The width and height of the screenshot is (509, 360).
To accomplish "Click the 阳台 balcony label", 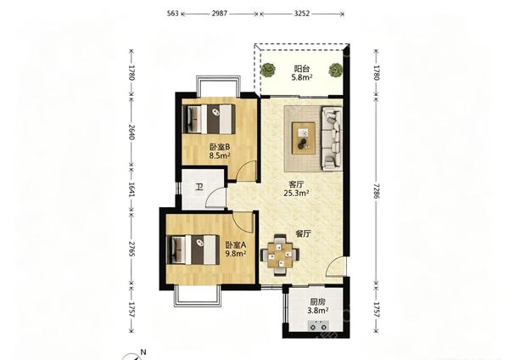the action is point(302,69).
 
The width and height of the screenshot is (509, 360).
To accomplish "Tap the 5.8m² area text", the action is point(302,77).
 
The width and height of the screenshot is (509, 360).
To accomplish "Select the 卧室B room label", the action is point(220,147).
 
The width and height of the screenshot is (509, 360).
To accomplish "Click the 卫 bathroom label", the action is point(199,187).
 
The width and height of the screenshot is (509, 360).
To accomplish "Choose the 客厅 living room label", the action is point(296,184).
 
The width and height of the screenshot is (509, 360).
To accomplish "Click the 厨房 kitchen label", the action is point(318,302).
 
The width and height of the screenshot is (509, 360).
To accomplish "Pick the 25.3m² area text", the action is point(296,194).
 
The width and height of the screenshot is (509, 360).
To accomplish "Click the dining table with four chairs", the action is point(280,255).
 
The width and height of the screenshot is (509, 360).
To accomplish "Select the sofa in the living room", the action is point(332,138).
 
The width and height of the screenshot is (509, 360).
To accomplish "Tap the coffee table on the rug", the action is point(304,138).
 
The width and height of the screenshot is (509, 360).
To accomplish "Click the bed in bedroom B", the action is point(209,119).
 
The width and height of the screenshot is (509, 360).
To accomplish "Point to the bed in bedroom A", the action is point(191,250).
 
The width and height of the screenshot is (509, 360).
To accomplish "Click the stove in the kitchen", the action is point(318,325).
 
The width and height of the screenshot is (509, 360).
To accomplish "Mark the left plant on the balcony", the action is point(268,70).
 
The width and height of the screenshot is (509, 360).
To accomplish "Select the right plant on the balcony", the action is point(335,70).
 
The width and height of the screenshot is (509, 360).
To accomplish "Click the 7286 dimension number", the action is point(376,190).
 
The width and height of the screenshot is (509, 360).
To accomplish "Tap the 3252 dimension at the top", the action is point(301,14).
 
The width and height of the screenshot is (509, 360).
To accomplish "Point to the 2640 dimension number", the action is point(131,132).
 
